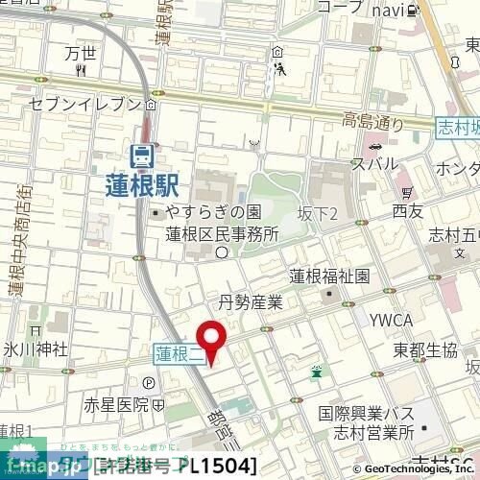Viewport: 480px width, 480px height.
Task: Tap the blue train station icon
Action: [x=142, y=154]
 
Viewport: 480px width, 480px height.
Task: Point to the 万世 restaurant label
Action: [x=82, y=54]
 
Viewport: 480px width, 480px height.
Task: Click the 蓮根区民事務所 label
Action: [x=222, y=233]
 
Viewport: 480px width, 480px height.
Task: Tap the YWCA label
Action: [x=393, y=321]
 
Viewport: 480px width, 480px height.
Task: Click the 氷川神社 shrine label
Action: [x=33, y=348]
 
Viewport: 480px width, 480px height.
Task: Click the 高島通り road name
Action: [x=375, y=121]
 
